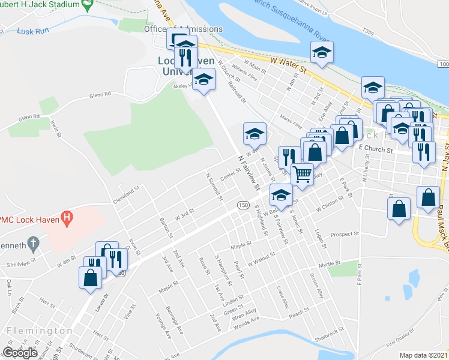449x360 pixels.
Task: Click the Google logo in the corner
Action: (x=20, y=352)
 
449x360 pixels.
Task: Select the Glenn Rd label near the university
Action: (x=101, y=95)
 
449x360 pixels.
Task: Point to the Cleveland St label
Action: (x=125, y=196)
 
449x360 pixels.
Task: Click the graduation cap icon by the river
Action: (x=322, y=52)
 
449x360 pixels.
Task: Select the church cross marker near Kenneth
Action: (x=34, y=244)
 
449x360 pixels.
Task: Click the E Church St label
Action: (x=375, y=147)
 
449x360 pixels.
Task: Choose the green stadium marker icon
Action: (x=88, y=5)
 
